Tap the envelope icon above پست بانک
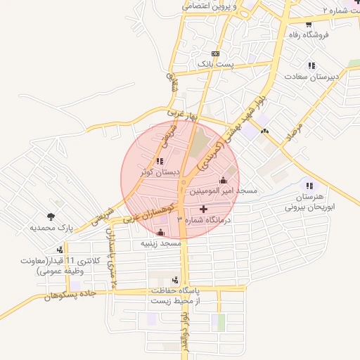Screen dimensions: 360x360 [214, 53]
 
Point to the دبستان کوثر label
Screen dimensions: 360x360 [160, 172]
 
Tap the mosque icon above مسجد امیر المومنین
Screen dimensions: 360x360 [224, 180]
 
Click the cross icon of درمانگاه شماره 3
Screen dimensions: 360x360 [204, 209]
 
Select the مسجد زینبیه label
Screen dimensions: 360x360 [161, 243]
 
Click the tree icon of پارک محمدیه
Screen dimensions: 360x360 [51, 217]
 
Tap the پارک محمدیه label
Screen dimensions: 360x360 [51, 228]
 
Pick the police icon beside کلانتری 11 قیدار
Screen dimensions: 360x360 [61, 249]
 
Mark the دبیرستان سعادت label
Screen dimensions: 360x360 [312, 76]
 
